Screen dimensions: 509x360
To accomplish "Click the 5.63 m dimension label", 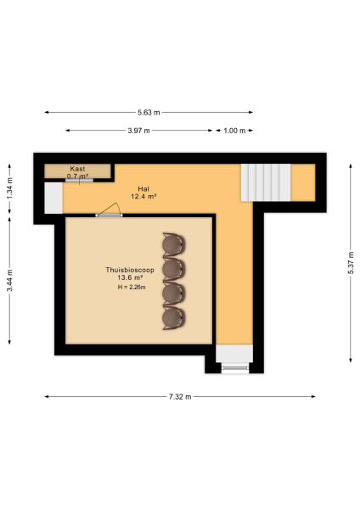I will tap(149, 112).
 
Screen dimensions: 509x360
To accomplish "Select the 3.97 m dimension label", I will tap(139, 131).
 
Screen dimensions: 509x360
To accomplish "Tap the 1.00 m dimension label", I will tap(234, 131).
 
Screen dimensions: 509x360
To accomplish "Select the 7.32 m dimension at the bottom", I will tap(180, 397).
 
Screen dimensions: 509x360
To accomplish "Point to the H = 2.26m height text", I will tap(132, 288).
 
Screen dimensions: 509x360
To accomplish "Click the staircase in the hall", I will tap(265, 182).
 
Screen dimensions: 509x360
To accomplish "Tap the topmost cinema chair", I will tap(174, 244).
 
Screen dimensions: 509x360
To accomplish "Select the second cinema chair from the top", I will tap(174, 269).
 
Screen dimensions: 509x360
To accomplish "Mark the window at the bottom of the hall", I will tap(233, 367).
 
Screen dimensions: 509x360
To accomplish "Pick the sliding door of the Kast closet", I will tap(80, 180).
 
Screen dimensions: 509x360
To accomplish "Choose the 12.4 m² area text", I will tap(143, 196).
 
